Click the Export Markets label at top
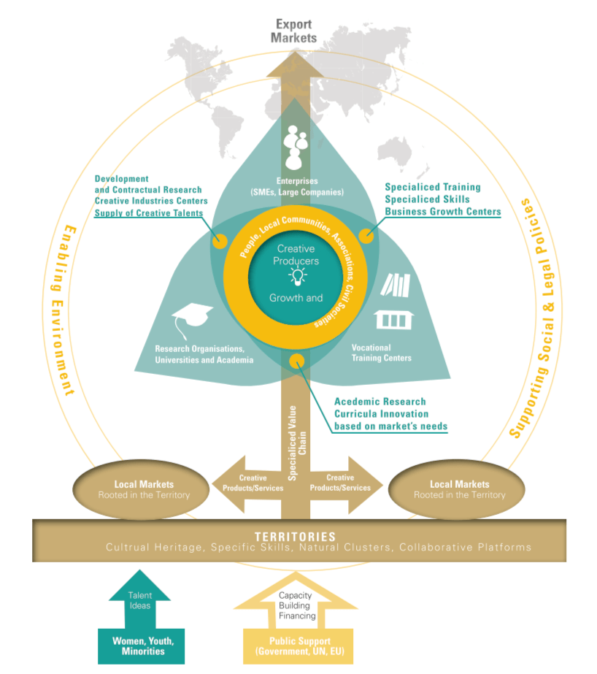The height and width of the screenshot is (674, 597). (293, 30)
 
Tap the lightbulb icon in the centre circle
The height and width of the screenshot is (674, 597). (296, 276)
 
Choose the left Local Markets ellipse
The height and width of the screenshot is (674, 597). (143, 489)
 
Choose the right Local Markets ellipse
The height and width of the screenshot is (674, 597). (459, 489)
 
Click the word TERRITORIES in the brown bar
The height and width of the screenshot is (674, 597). (295, 537)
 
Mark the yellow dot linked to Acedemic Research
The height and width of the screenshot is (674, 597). (296, 360)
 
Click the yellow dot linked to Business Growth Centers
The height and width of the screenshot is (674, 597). (366, 236)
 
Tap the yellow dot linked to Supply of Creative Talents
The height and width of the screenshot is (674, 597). (217, 240)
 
